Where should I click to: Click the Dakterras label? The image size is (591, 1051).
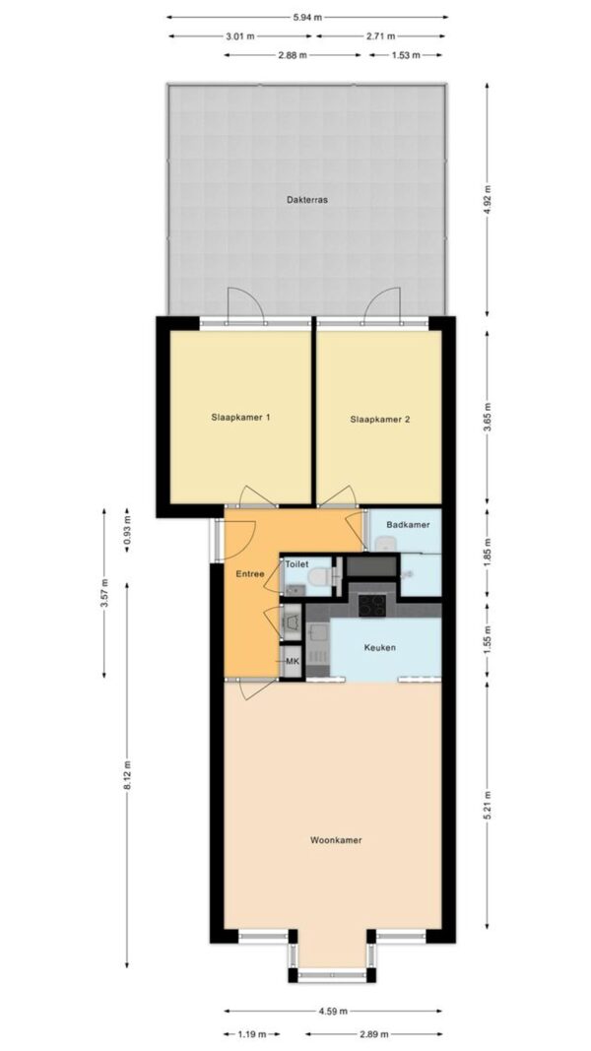[307, 199]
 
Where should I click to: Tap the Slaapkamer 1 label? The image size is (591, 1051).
[239, 417]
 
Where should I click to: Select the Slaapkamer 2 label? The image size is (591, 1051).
[380, 420]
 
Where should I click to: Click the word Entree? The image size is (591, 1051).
[250, 573]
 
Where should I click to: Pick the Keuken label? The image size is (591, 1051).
[380, 647]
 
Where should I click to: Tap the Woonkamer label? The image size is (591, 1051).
[336, 839]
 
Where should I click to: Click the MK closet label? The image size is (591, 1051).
[293, 662]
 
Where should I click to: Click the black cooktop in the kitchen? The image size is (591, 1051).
[372, 605]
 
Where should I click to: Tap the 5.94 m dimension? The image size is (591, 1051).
[307, 18]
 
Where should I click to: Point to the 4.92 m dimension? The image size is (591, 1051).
[488, 199]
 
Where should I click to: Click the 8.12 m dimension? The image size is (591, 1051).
[127, 775]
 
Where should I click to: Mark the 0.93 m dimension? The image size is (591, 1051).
[127, 531]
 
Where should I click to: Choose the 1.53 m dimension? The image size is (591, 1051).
[406, 55]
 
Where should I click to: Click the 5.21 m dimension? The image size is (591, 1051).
[488, 807]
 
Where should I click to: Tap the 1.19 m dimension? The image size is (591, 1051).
[252, 1033]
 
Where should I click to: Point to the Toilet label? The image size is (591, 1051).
[296, 564]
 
